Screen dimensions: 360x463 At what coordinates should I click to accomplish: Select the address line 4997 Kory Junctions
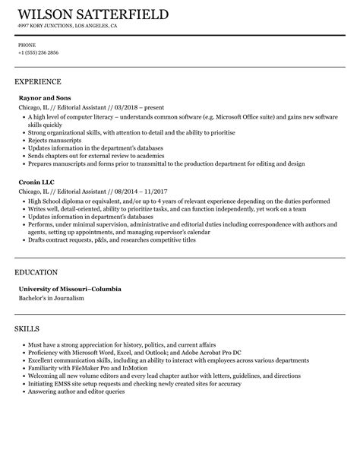pos(68,25)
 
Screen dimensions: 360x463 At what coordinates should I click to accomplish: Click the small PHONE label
pos(27,44)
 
